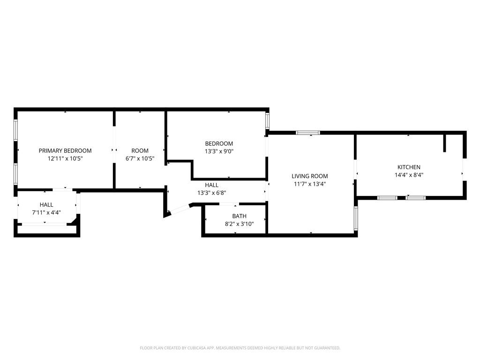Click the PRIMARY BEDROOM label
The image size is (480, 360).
65,150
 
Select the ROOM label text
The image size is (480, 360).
140,150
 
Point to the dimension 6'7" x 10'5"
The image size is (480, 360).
140,158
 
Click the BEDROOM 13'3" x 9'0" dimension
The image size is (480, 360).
219,151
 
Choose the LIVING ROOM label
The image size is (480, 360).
310,176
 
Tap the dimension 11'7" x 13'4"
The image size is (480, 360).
310,184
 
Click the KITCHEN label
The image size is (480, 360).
409,167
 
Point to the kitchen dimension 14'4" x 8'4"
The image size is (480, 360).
409,175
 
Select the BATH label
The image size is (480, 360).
239,216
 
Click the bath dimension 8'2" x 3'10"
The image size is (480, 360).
239,224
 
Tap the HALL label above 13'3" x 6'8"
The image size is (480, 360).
211,185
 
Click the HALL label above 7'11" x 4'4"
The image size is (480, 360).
46,205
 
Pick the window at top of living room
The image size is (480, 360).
308,133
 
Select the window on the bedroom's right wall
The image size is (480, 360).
268,120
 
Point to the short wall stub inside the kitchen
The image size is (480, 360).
444,143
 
